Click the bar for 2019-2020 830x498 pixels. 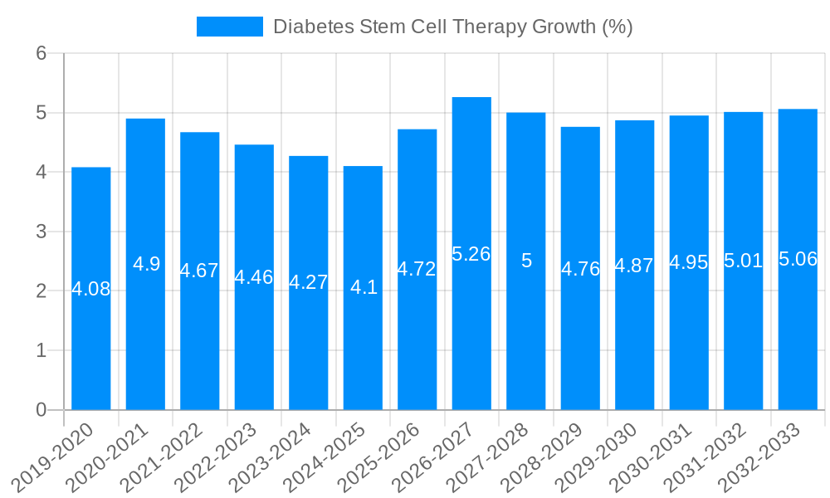(x=91, y=332)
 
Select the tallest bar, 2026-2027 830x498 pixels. (x=471, y=332)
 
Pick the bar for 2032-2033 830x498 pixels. (x=798, y=332)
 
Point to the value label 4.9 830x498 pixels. (x=146, y=264)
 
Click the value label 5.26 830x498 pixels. (x=471, y=254)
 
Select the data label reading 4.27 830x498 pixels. (x=309, y=282)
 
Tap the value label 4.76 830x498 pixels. (x=580, y=268)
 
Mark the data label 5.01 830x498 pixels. (x=743, y=261)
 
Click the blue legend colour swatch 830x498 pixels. (x=229, y=27)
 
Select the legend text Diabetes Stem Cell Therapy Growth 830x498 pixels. (x=452, y=27)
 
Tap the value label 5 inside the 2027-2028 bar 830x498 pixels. (x=526, y=261)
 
